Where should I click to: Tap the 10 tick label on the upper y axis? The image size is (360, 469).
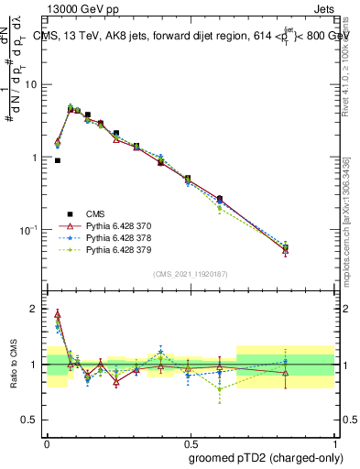coord(29,85)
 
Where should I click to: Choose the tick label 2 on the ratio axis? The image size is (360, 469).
coord(34,309)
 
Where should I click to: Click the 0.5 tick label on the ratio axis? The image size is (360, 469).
coord(30,420)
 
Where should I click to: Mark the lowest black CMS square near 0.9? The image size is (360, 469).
coord(57,160)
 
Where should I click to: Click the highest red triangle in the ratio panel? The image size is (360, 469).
coord(57,314)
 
